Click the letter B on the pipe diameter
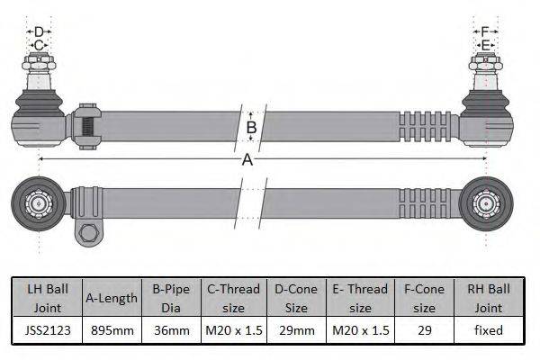pos(252,127)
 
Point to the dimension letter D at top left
pos(39,32)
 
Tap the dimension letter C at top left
pos(39,45)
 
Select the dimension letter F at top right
pos(485,32)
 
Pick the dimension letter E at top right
pos(485,45)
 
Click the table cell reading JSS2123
pos(44,330)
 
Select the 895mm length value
pos(112,330)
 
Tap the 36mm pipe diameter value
pos(171,330)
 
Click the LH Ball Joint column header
pos(44,297)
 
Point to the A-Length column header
pos(112,297)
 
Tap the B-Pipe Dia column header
pos(171,297)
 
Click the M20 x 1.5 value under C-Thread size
pos(233,330)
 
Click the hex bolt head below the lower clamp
pos(88,235)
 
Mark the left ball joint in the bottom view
pos(38,202)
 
